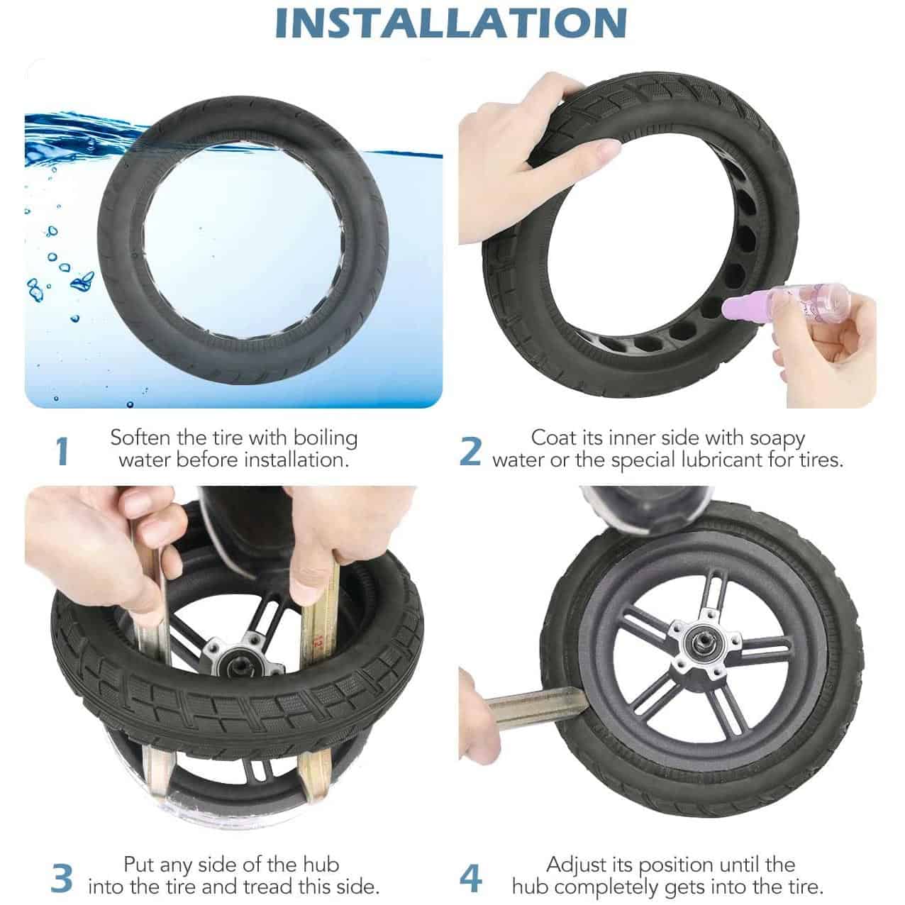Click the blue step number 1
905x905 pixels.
(x=62, y=452)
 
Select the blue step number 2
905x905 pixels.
(x=470, y=451)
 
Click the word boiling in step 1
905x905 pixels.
(x=326, y=439)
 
